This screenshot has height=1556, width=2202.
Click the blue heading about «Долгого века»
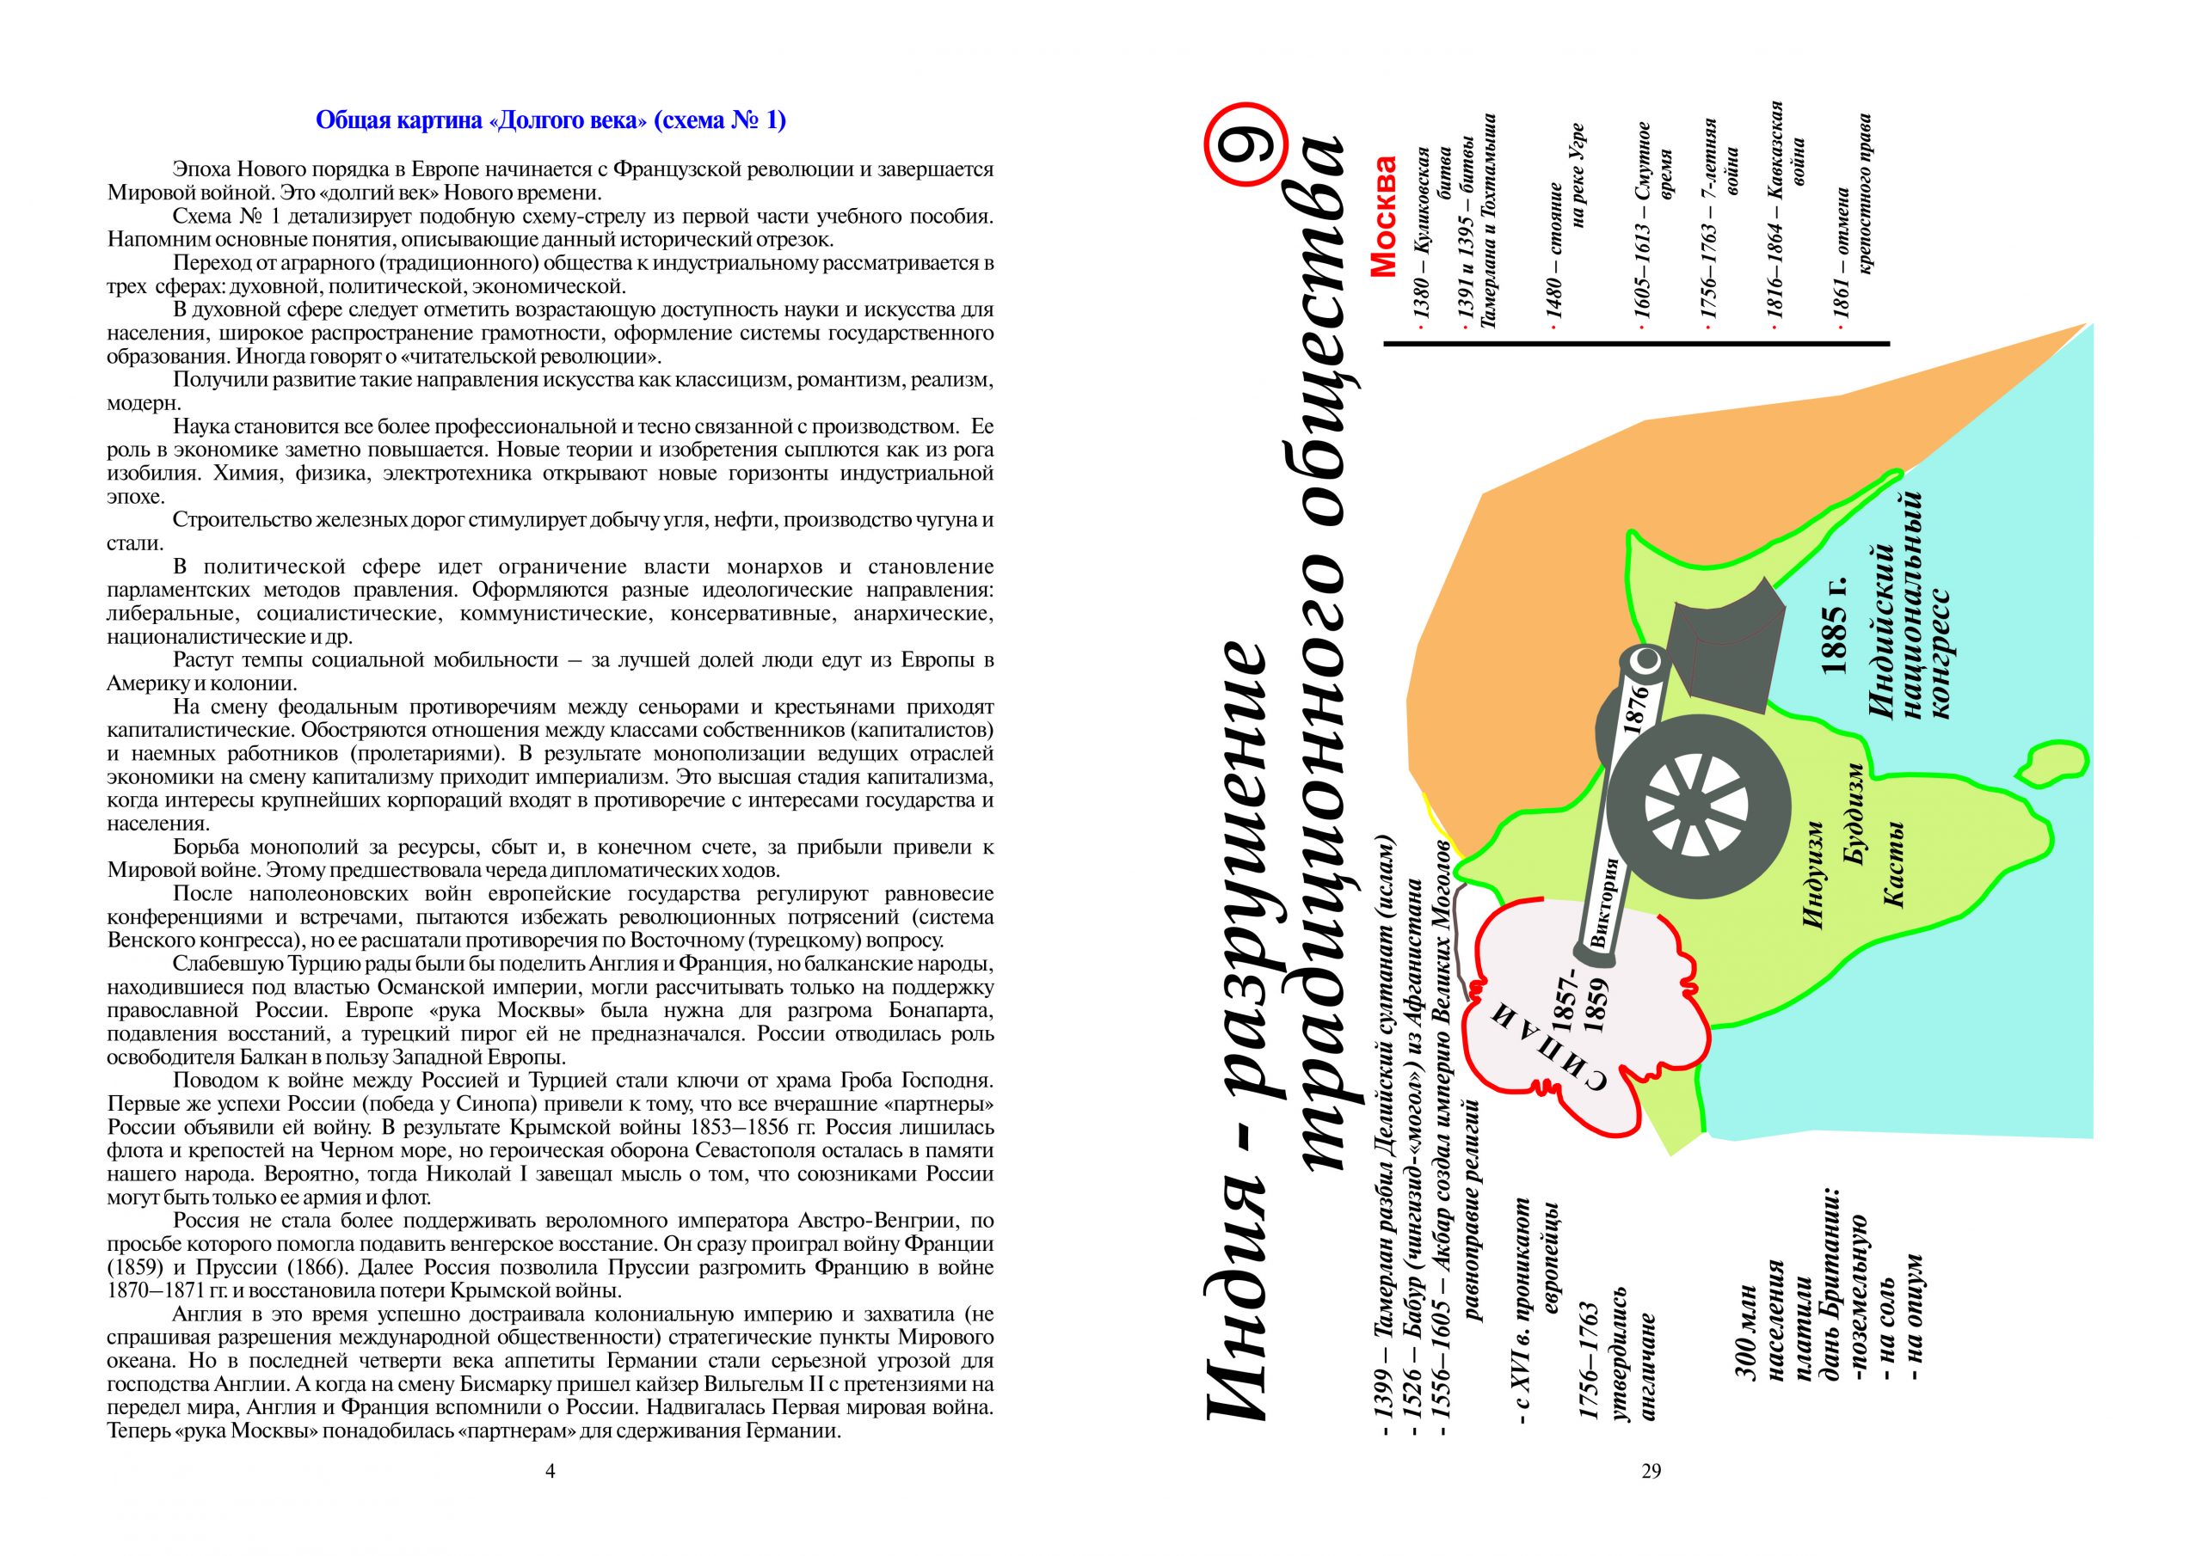[550, 121]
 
